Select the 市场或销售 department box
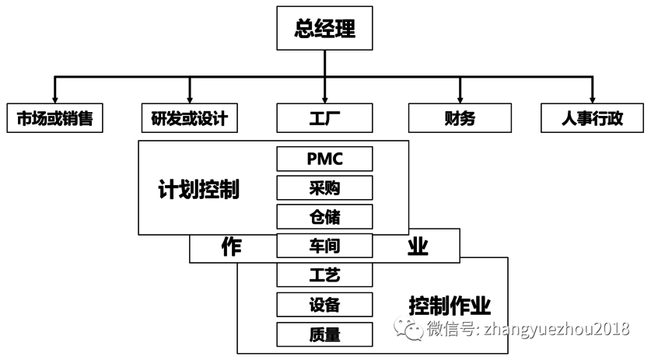point(54,119)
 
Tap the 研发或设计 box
point(190,119)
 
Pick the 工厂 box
point(324,119)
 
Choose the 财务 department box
point(460,119)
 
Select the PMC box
point(324,159)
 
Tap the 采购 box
point(324,188)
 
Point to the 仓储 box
point(324,217)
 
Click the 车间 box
point(324,246)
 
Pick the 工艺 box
point(324,274)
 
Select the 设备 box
point(324,304)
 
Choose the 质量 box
point(324,334)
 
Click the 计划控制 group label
point(198,189)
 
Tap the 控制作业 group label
point(450,304)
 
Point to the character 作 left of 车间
point(231,246)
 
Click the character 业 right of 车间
point(418,246)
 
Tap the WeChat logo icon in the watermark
point(409,329)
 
